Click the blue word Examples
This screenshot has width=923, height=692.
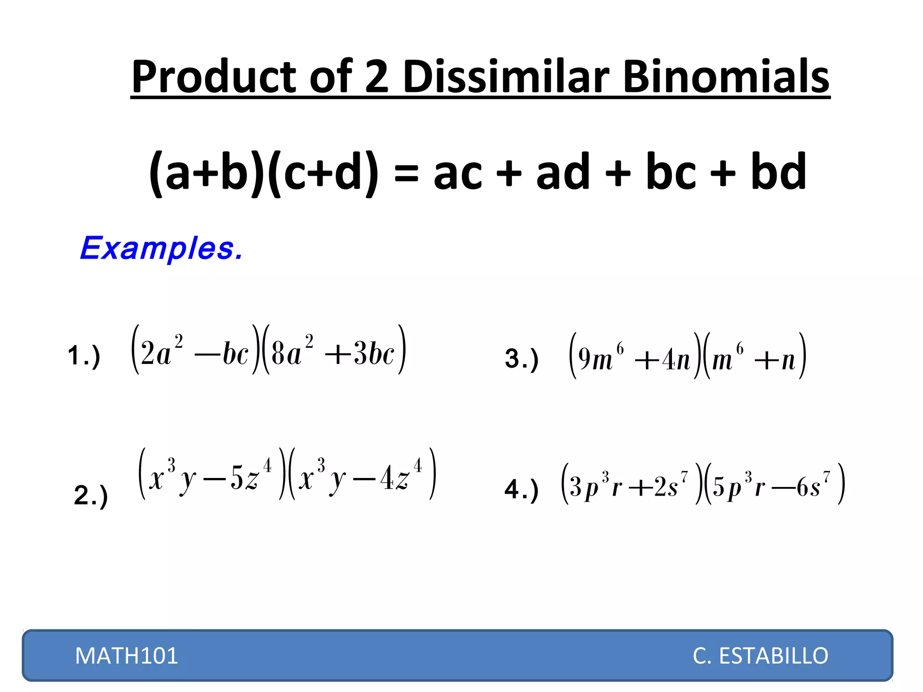[x=161, y=248]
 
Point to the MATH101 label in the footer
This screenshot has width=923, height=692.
[x=127, y=656]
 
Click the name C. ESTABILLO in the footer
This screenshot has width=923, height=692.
[x=760, y=656]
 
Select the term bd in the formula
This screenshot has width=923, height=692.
[x=778, y=171]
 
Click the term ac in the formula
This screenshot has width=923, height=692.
[x=457, y=173]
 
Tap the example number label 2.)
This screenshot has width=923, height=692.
[x=91, y=495]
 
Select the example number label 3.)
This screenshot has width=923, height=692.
[x=521, y=359]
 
